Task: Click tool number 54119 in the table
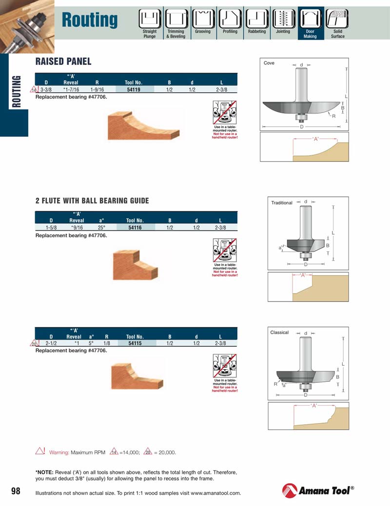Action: [134, 90]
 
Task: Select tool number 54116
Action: [135, 227]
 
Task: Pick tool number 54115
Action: [135, 343]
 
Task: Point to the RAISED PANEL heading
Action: [63, 62]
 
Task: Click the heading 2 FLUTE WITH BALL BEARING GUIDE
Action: [92, 201]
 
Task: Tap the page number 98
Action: [16, 490]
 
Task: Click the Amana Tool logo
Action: [318, 490]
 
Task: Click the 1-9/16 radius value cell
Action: [97, 90]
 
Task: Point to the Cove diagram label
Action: [269, 63]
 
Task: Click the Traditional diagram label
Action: [282, 203]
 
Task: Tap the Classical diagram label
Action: [279, 332]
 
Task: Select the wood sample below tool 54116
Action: [134, 264]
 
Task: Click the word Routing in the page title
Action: [90, 20]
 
